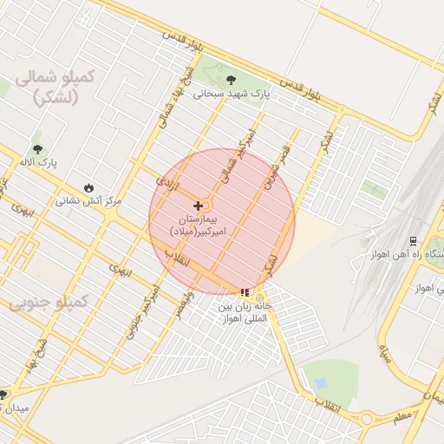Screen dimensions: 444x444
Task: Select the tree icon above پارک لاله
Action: pos(36,148)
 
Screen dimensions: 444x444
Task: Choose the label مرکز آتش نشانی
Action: pos(89,200)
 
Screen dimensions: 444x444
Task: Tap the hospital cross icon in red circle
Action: pos(199,206)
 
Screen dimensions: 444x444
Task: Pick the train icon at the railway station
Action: pos(413,240)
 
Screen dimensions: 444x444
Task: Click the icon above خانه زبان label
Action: pos(245,293)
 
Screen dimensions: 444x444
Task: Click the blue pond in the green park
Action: pos(322,382)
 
